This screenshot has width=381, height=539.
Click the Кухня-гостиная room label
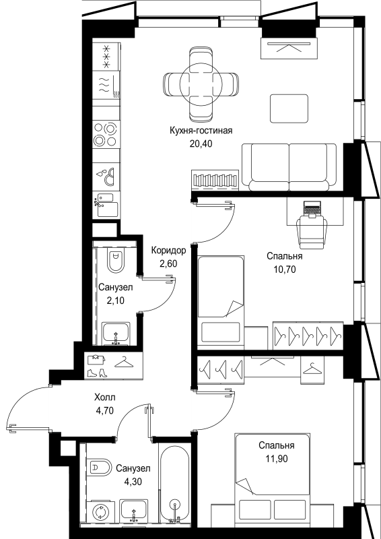click(201, 131)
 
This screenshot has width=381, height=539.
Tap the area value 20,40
click(201, 144)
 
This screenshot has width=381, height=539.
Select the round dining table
click(201, 83)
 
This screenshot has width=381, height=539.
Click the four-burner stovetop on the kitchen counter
click(106, 134)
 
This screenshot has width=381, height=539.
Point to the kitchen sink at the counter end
click(106, 205)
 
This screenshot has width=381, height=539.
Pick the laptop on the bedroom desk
click(312, 210)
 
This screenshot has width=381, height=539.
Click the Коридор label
click(169, 251)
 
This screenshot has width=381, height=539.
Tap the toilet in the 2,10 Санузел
click(115, 259)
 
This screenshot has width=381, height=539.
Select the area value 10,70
click(285, 269)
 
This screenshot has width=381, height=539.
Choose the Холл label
click(105, 398)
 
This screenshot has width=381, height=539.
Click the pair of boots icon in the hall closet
click(98, 373)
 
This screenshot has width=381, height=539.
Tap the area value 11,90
click(277, 458)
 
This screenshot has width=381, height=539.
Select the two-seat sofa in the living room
click(289, 167)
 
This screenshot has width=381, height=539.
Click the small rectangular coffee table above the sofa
click(289, 108)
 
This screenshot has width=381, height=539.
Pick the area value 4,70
click(105, 410)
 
